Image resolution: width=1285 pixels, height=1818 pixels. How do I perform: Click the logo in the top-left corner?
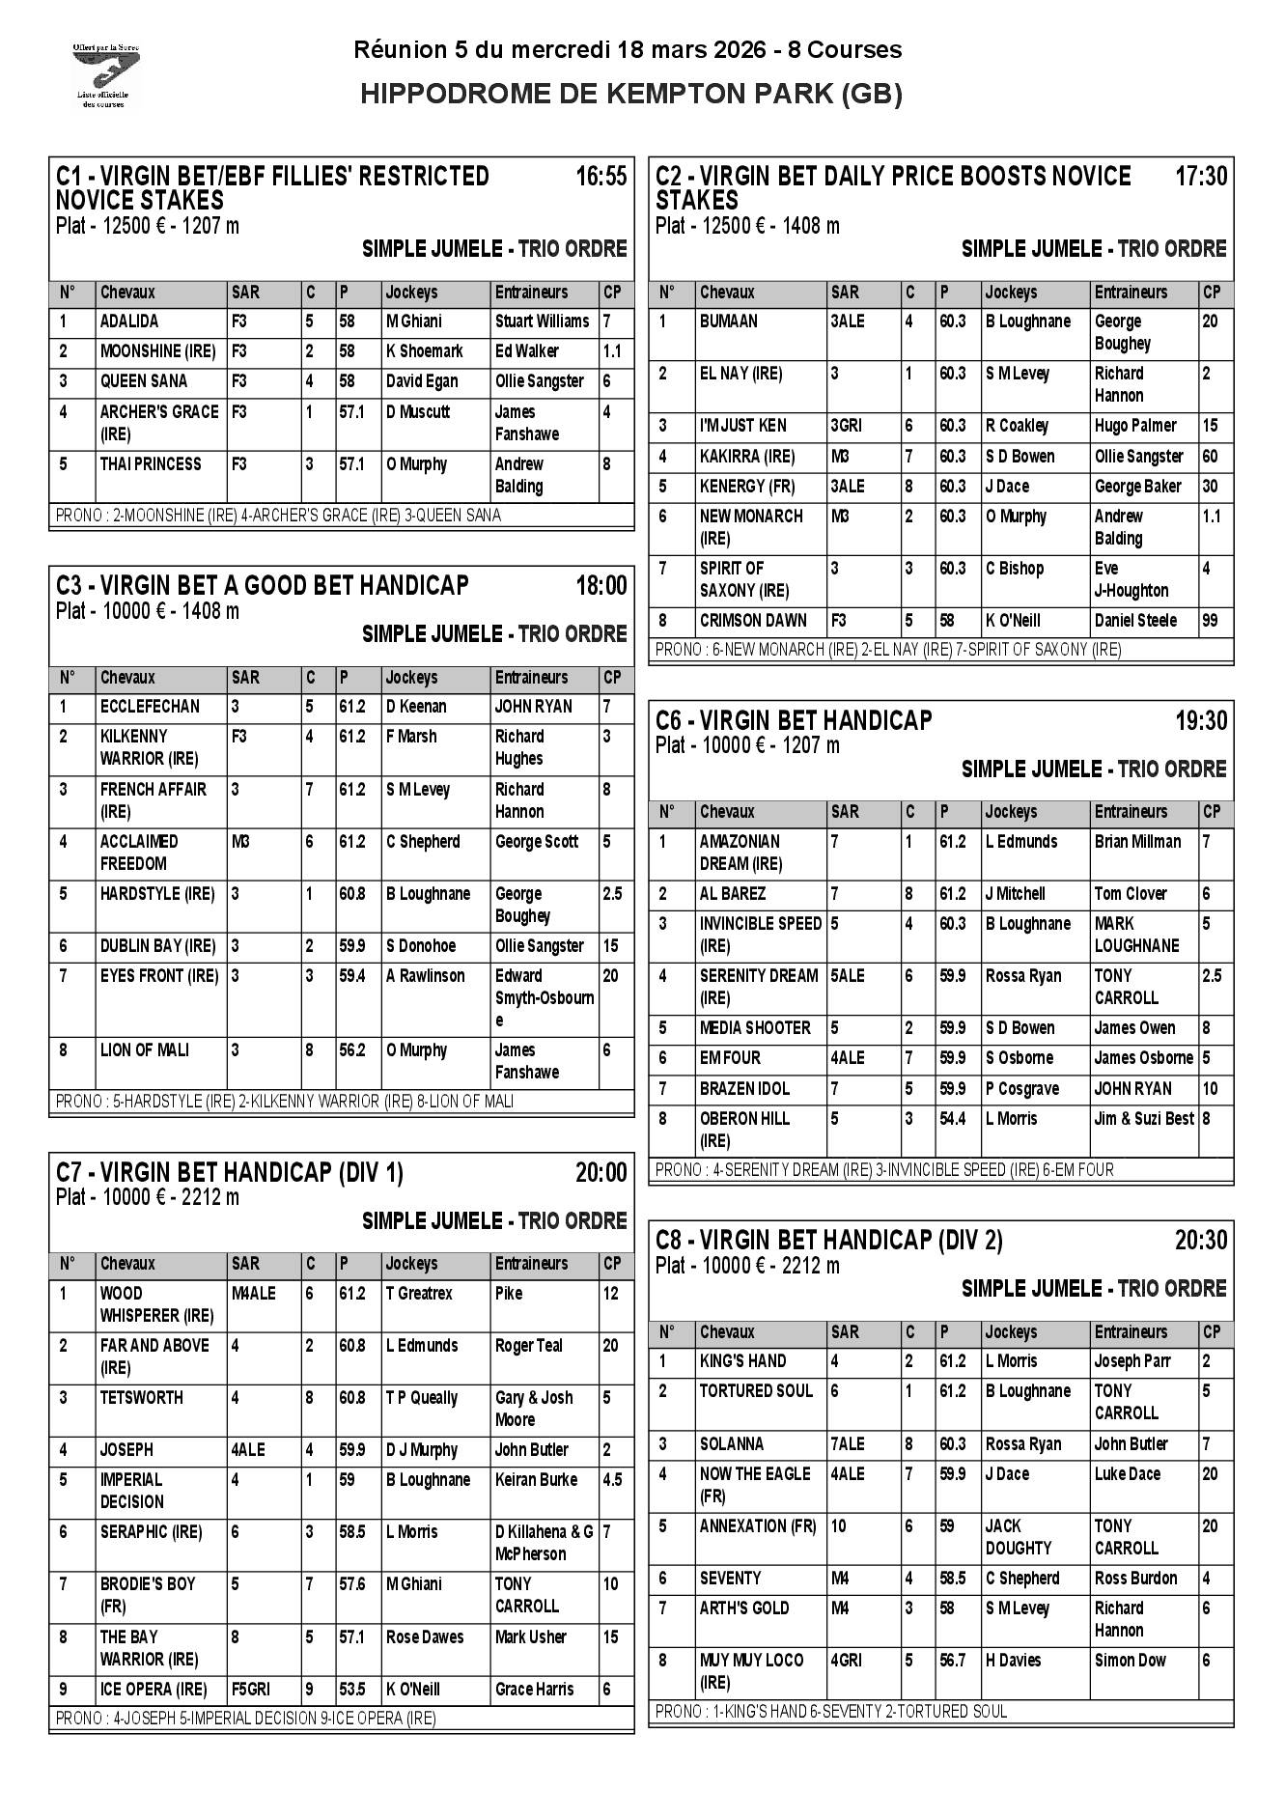(106, 74)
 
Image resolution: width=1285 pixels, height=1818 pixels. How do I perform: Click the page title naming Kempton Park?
(630, 94)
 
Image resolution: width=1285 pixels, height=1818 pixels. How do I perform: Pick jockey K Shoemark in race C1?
(424, 351)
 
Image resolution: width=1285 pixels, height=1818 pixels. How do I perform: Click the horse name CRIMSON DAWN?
(752, 621)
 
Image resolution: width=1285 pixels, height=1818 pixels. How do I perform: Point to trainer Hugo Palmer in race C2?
(1134, 426)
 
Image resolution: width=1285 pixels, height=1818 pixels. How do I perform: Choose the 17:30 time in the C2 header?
(1200, 177)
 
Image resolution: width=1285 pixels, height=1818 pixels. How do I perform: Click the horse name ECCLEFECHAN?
(149, 707)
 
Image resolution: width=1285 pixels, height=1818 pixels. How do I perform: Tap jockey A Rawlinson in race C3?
(425, 976)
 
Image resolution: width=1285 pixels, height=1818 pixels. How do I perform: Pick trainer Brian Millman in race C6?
(1136, 842)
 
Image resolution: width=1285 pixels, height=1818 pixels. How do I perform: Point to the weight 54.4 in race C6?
(952, 1119)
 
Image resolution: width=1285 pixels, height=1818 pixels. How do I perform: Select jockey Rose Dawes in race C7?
(424, 1637)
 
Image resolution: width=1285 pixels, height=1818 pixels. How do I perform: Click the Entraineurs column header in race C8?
(1131, 1332)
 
